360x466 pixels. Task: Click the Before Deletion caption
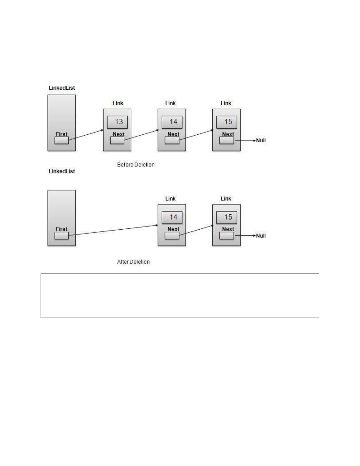pyautogui.click(x=136, y=165)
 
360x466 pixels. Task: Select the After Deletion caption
pyautogui.click(x=133, y=262)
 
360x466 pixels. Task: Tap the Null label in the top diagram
pyautogui.click(x=261, y=141)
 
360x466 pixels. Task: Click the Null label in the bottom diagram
pyautogui.click(x=261, y=236)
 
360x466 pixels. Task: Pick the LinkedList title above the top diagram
pyautogui.click(x=62, y=88)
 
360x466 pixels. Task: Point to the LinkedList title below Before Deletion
pyautogui.click(x=62, y=171)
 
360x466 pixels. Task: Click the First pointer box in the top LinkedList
pyautogui.click(x=61, y=141)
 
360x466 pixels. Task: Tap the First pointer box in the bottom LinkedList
pyautogui.click(x=61, y=236)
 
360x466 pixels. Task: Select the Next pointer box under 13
pyautogui.click(x=117, y=141)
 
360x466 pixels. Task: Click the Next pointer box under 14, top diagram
pyautogui.click(x=172, y=141)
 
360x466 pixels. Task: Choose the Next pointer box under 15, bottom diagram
pyautogui.click(x=227, y=236)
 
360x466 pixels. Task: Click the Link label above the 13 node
pyautogui.click(x=118, y=103)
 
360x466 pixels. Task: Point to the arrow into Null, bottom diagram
pyautogui.click(x=245, y=236)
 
